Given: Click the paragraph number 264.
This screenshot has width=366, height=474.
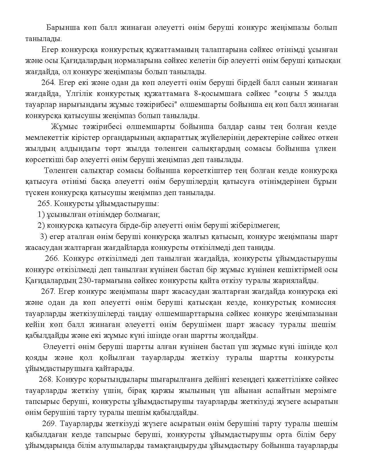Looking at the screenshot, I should point(48,83).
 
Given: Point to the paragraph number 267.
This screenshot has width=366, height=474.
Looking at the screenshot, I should point(48,291).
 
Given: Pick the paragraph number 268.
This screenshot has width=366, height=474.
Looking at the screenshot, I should point(46,379).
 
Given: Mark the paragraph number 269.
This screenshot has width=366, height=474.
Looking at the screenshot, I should point(49,423).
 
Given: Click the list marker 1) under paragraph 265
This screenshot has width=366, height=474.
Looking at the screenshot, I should point(41,215).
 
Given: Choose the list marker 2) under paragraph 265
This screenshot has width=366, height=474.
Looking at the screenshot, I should point(41,226).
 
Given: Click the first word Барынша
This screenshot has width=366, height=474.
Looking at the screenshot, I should point(60,28).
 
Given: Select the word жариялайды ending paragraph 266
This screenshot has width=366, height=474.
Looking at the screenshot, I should point(299,280).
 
